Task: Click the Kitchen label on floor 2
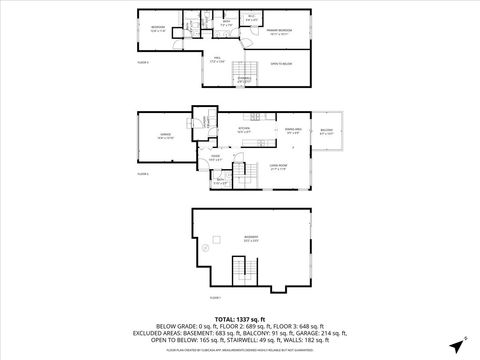pos(243,130)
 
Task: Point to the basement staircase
pos(239,270)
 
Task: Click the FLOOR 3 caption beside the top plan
pos(143,62)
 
